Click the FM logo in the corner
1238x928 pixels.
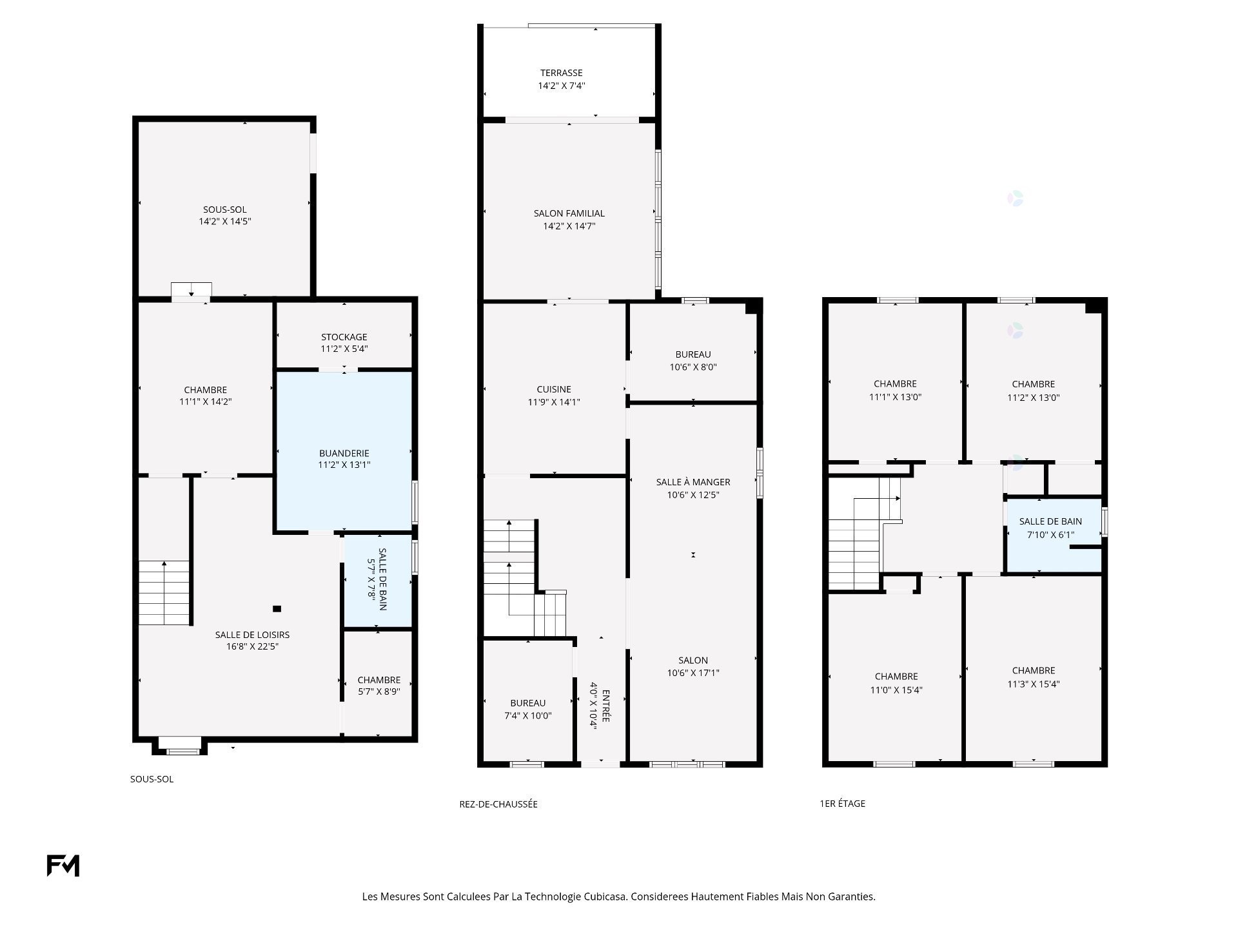coord(63,865)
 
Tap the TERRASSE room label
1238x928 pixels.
coord(562,73)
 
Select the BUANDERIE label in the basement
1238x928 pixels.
coord(344,453)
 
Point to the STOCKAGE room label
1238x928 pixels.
coord(344,337)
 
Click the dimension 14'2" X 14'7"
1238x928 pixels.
coord(569,226)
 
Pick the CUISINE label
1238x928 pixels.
coord(554,389)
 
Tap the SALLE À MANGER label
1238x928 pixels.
coord(693,482)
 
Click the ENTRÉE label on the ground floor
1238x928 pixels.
coord(606,706)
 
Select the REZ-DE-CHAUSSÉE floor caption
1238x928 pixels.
coord(498,804)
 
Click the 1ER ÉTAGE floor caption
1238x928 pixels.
coord(842,804)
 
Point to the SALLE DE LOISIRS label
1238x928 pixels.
coord(252,635)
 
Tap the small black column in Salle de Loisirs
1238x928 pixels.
coord(277,608)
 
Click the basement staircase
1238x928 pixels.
coord(164,593)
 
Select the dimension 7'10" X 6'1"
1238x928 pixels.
coord(1050,534)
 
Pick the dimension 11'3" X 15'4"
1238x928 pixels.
coord(1034,684)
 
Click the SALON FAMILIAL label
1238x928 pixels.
coord(569,213)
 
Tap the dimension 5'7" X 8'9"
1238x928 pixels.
coord(379,693)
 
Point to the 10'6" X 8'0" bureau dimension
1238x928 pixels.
coord(693,367)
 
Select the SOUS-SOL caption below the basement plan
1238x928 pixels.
coord(152,779)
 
